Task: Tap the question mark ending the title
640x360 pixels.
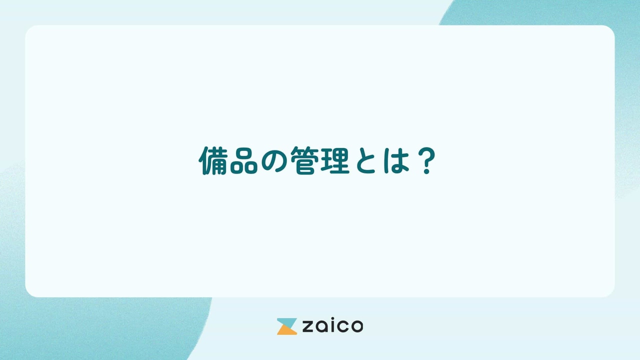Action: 426,161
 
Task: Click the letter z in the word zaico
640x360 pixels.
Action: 306,327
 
